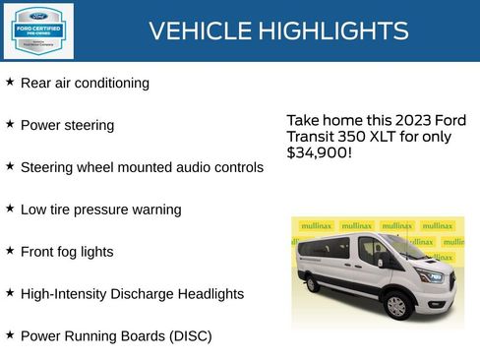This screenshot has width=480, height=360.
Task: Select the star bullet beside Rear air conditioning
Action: [x=10, y=83]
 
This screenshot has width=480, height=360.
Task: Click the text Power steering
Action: [x=67, y=126]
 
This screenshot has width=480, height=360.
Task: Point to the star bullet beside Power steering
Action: [x=10, y=125]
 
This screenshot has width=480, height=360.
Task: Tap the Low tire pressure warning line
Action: [x=100, y=210]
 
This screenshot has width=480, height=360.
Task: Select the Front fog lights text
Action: [x=67, y=252]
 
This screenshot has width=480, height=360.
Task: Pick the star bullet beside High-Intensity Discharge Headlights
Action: [x=10, y=293]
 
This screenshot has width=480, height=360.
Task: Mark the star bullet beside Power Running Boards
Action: [x=10, y=335]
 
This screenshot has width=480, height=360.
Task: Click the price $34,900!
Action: [x=319, y=153]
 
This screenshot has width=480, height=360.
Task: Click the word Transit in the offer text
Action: [x=312, y=137]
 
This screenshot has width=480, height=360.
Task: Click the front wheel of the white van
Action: [x=396, y=306]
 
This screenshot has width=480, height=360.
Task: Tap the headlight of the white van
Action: [x=431, y=275]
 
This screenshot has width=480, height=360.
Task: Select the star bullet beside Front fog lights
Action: [x=10, y=251]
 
